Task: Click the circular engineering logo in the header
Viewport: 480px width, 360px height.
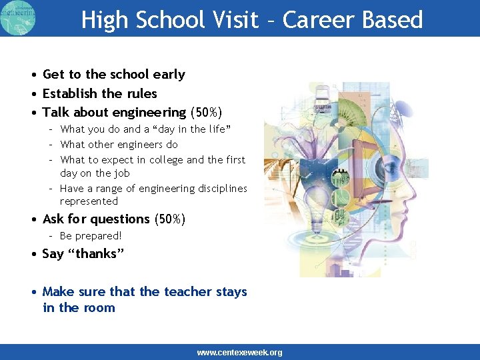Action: tap(18, 17)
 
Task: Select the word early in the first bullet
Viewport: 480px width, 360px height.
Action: tap(169, 75)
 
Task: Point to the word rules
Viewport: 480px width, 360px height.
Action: tap(141, 94)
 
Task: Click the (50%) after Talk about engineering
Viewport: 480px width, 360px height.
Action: tap(206, 113)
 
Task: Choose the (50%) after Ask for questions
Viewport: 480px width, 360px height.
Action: tap(169, 219)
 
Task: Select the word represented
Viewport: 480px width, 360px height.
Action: tap(89, 201)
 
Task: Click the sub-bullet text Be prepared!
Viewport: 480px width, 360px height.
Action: tap(91, 236)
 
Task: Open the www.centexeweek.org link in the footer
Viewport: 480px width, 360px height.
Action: tap(239, 353)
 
